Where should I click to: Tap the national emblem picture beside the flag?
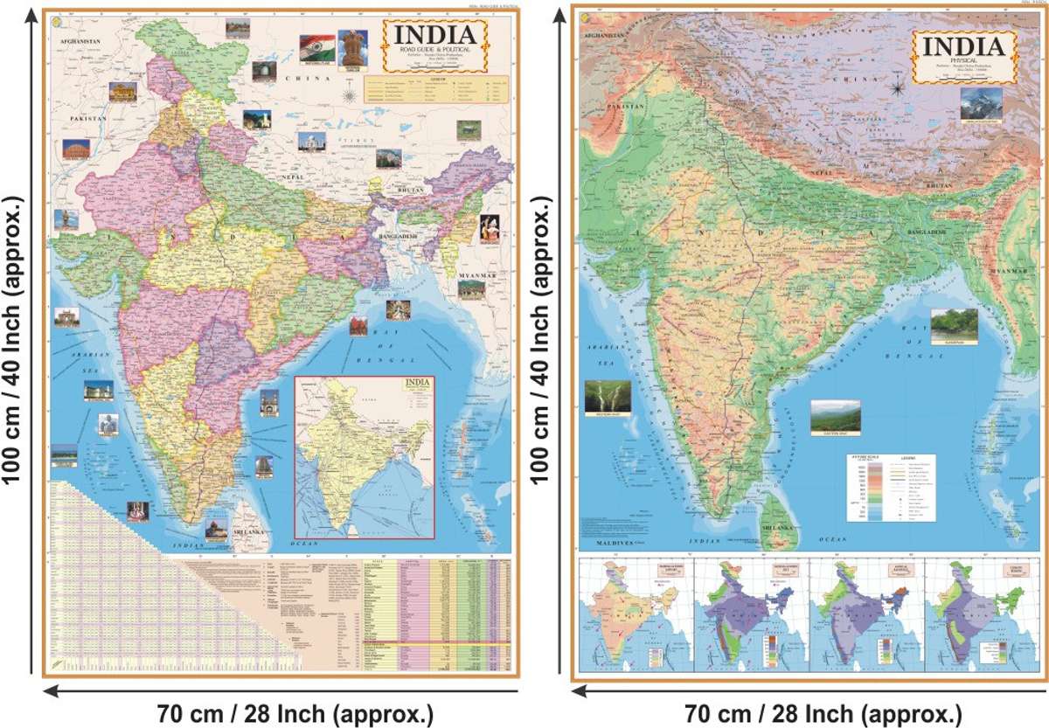click(351, 49)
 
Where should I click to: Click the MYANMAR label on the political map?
click(478, 275)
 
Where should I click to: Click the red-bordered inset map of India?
click(365, 455)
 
